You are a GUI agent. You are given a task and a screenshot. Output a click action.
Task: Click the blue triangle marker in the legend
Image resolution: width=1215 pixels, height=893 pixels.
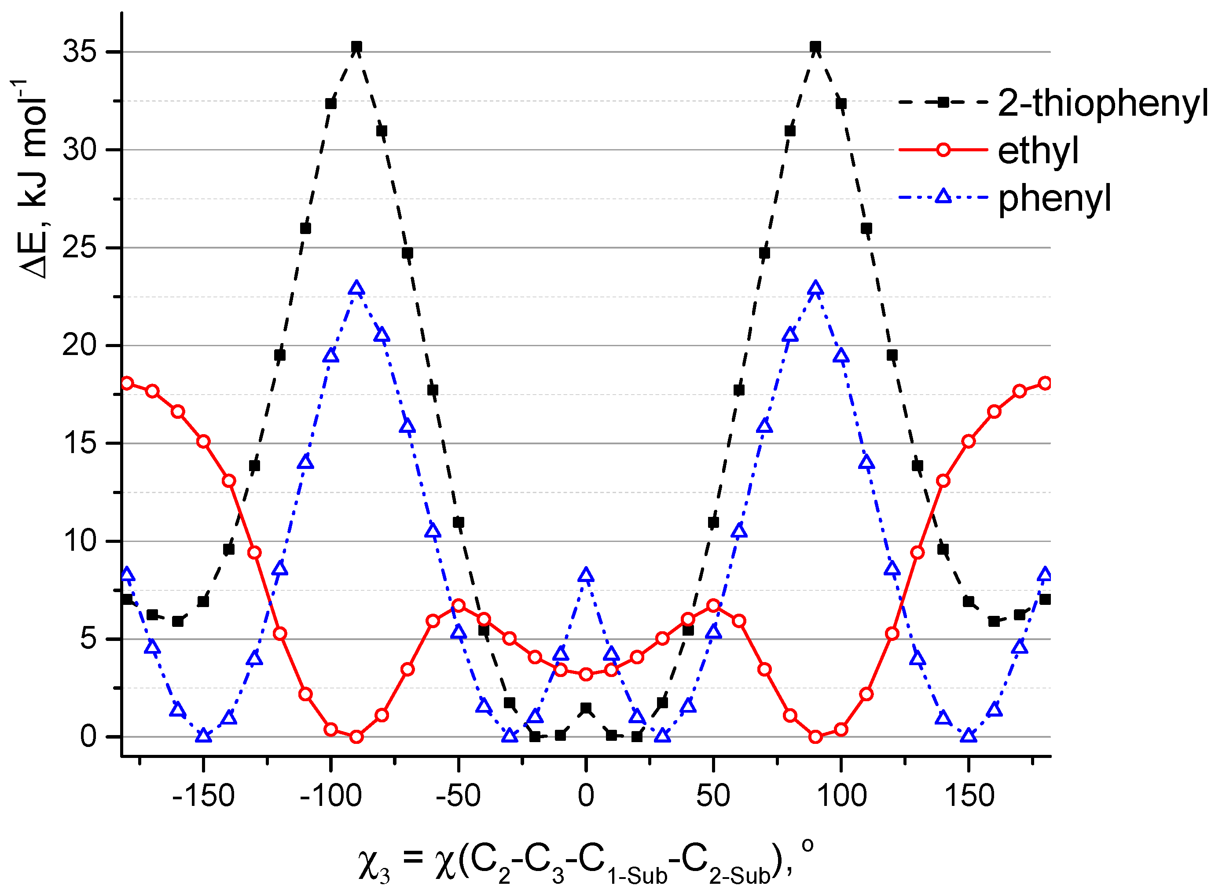pyautogui.click(x=943, y=196)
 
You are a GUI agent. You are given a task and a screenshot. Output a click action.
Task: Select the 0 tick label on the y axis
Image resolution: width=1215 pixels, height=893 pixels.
pyautogui.click(x=88, y=736)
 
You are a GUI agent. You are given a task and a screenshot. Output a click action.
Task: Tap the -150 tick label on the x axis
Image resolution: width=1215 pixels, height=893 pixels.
pyautogui.click(x=203, y=796)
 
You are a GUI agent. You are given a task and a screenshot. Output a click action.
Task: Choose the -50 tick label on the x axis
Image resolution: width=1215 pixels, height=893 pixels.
pyautogui.click(x=458, y=796)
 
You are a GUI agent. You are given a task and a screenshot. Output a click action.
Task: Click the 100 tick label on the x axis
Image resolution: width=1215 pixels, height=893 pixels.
pyautogui.click(x=841, y=796)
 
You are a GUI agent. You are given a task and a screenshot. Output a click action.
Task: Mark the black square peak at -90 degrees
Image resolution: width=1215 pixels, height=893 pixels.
pyautogui.click(x=356, y=47)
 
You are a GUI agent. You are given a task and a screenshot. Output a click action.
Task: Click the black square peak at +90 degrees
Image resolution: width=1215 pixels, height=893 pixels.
pyautogui.click(x=815, y=47)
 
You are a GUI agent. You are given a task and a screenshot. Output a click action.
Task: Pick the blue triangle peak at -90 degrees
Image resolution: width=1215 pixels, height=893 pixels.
pyautogui.click(x=356, y=289)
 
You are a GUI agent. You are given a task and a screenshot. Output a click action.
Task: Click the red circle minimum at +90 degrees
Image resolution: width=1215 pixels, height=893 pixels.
pyautogui.click(x=815, y=737)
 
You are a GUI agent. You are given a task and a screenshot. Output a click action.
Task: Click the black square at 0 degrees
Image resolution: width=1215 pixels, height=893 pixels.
pyautogui.click(x=586, y=708)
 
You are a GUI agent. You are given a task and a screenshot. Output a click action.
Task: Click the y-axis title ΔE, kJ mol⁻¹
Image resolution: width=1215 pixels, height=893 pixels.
pyautogui.click(x=33, y=179)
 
